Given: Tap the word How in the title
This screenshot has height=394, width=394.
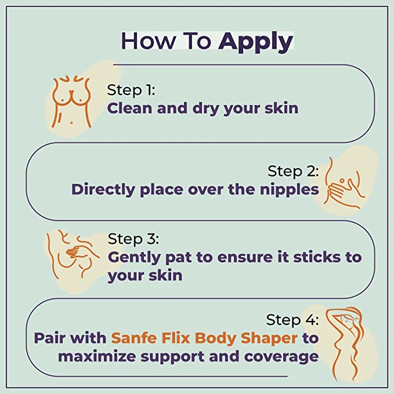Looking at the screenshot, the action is [x=149, y=41].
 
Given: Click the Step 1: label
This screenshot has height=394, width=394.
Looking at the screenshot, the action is [x=131, y=90].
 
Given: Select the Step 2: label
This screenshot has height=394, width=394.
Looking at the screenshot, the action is [x=293, y=171].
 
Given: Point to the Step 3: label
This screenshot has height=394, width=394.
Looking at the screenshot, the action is [x=133, y=238].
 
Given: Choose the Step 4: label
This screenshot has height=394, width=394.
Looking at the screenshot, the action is [x=292, y=320].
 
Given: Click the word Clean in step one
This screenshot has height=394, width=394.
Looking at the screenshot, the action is [x=129, y=108].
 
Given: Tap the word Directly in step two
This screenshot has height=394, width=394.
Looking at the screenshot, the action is [x=103, y=190].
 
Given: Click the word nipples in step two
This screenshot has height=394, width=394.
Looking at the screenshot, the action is [x=289, y=190].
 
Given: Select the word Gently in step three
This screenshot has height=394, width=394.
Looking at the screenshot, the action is [x=134, y=258].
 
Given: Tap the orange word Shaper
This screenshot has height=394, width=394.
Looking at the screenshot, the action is [x=269, y=338].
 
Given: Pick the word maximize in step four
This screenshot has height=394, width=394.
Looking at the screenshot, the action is [x=97, y=356].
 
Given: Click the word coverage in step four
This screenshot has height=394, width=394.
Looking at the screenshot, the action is [x=281, y=357].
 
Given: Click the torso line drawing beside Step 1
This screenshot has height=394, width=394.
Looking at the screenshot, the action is [x=71, y=101].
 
